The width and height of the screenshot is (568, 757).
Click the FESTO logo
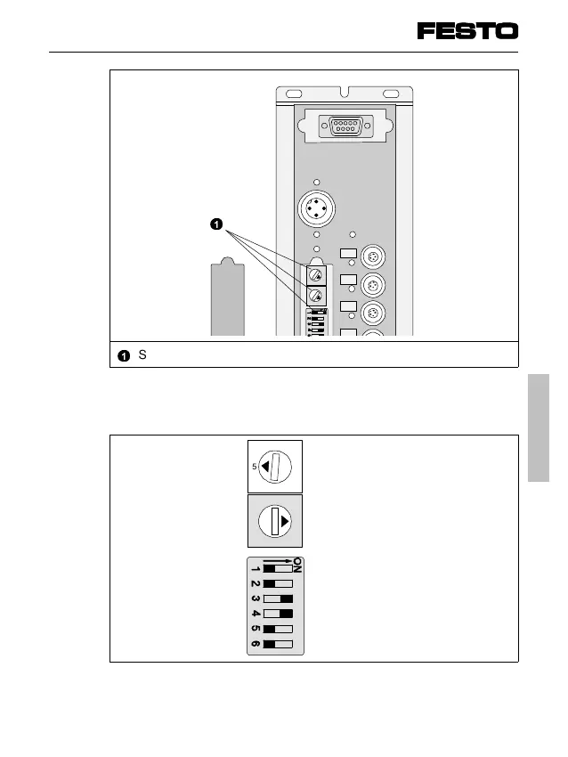(467, 31)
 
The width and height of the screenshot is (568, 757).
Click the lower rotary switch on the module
(315, 296)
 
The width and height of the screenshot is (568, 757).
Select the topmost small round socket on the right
(374, 257)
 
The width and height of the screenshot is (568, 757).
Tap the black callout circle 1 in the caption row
(124, 355)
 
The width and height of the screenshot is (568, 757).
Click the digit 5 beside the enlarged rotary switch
(254, 466)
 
